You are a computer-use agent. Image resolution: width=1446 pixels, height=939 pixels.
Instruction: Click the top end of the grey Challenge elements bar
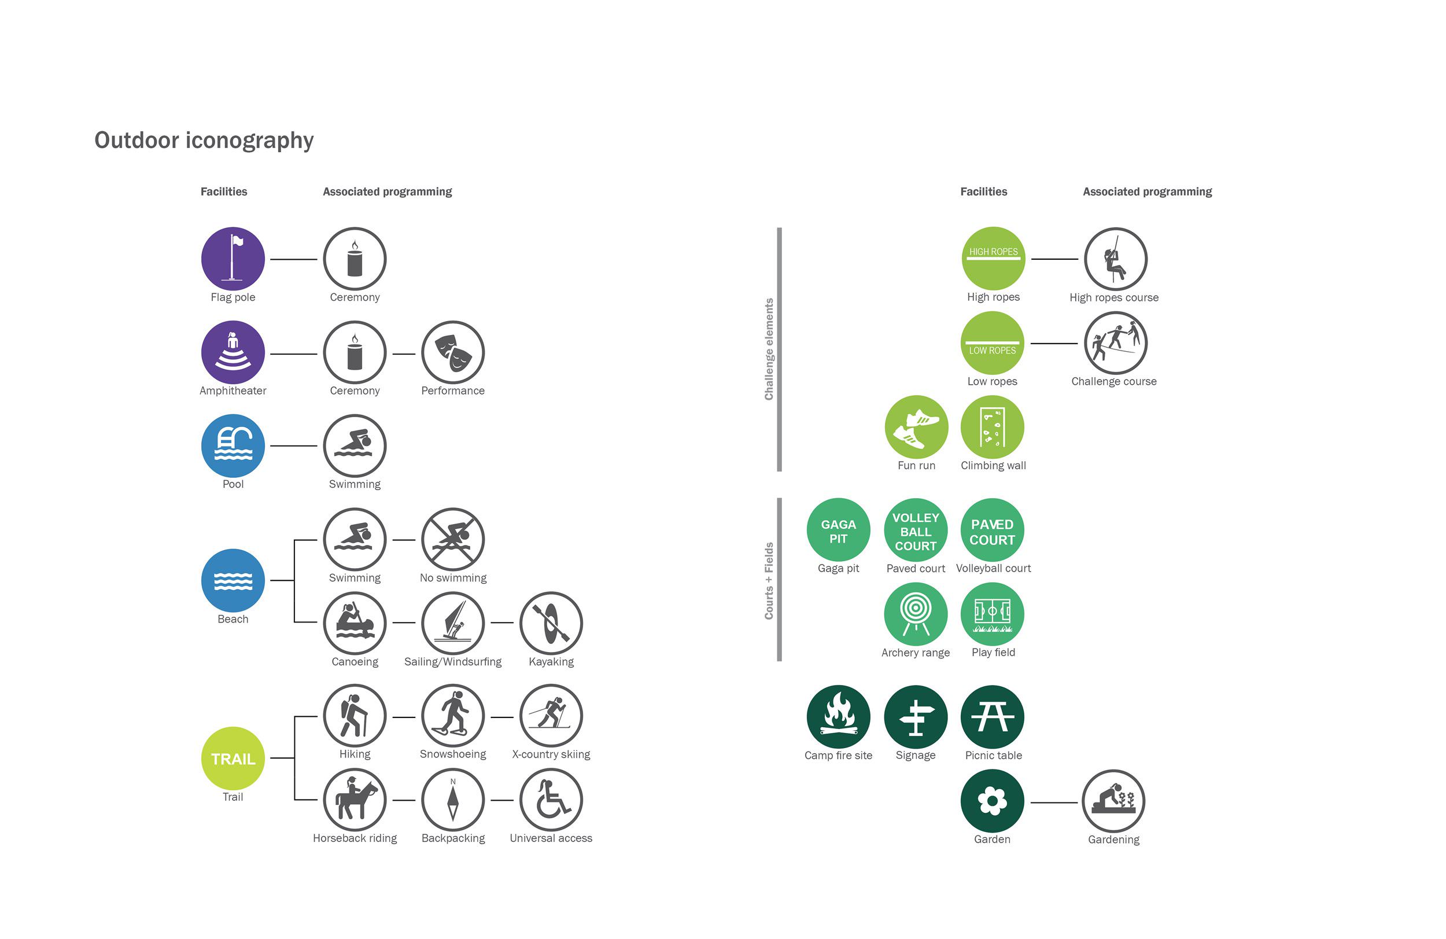coord(780,229)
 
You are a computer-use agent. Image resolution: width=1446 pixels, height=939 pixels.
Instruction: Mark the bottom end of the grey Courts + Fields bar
coord(780,660)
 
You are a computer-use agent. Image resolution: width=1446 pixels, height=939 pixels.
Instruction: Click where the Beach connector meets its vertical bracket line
coord(294,580)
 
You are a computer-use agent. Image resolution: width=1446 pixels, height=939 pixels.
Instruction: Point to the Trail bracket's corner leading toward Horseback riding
coord(294,800)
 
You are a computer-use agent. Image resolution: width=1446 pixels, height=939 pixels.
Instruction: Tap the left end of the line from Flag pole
coord(271,260)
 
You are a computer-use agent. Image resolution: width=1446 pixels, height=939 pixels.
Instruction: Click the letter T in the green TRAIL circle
coord(216,759)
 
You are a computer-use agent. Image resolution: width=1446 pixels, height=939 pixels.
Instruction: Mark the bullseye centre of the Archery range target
coord(916,607)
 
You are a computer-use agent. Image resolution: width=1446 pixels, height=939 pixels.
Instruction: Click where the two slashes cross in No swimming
coord(453,539)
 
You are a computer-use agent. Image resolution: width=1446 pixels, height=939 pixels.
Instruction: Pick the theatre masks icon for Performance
coord(453,352)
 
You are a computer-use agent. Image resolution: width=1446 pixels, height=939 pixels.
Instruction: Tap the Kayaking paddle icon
coord(551,623)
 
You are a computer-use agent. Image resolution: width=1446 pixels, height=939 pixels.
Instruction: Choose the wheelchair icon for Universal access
coord(551,800)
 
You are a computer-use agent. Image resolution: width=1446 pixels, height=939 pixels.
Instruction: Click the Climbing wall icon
coord(992,426)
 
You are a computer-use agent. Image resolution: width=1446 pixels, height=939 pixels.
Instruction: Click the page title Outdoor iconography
coord(204,141)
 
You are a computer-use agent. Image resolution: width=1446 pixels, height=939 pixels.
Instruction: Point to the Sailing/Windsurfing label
coord(453,661)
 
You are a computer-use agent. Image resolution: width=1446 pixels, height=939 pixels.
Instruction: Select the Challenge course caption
coord(1113,381)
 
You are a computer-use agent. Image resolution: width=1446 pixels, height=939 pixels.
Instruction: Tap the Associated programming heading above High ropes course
coord(1147,192)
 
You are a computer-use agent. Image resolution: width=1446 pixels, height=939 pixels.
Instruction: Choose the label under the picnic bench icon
coord(993,756)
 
